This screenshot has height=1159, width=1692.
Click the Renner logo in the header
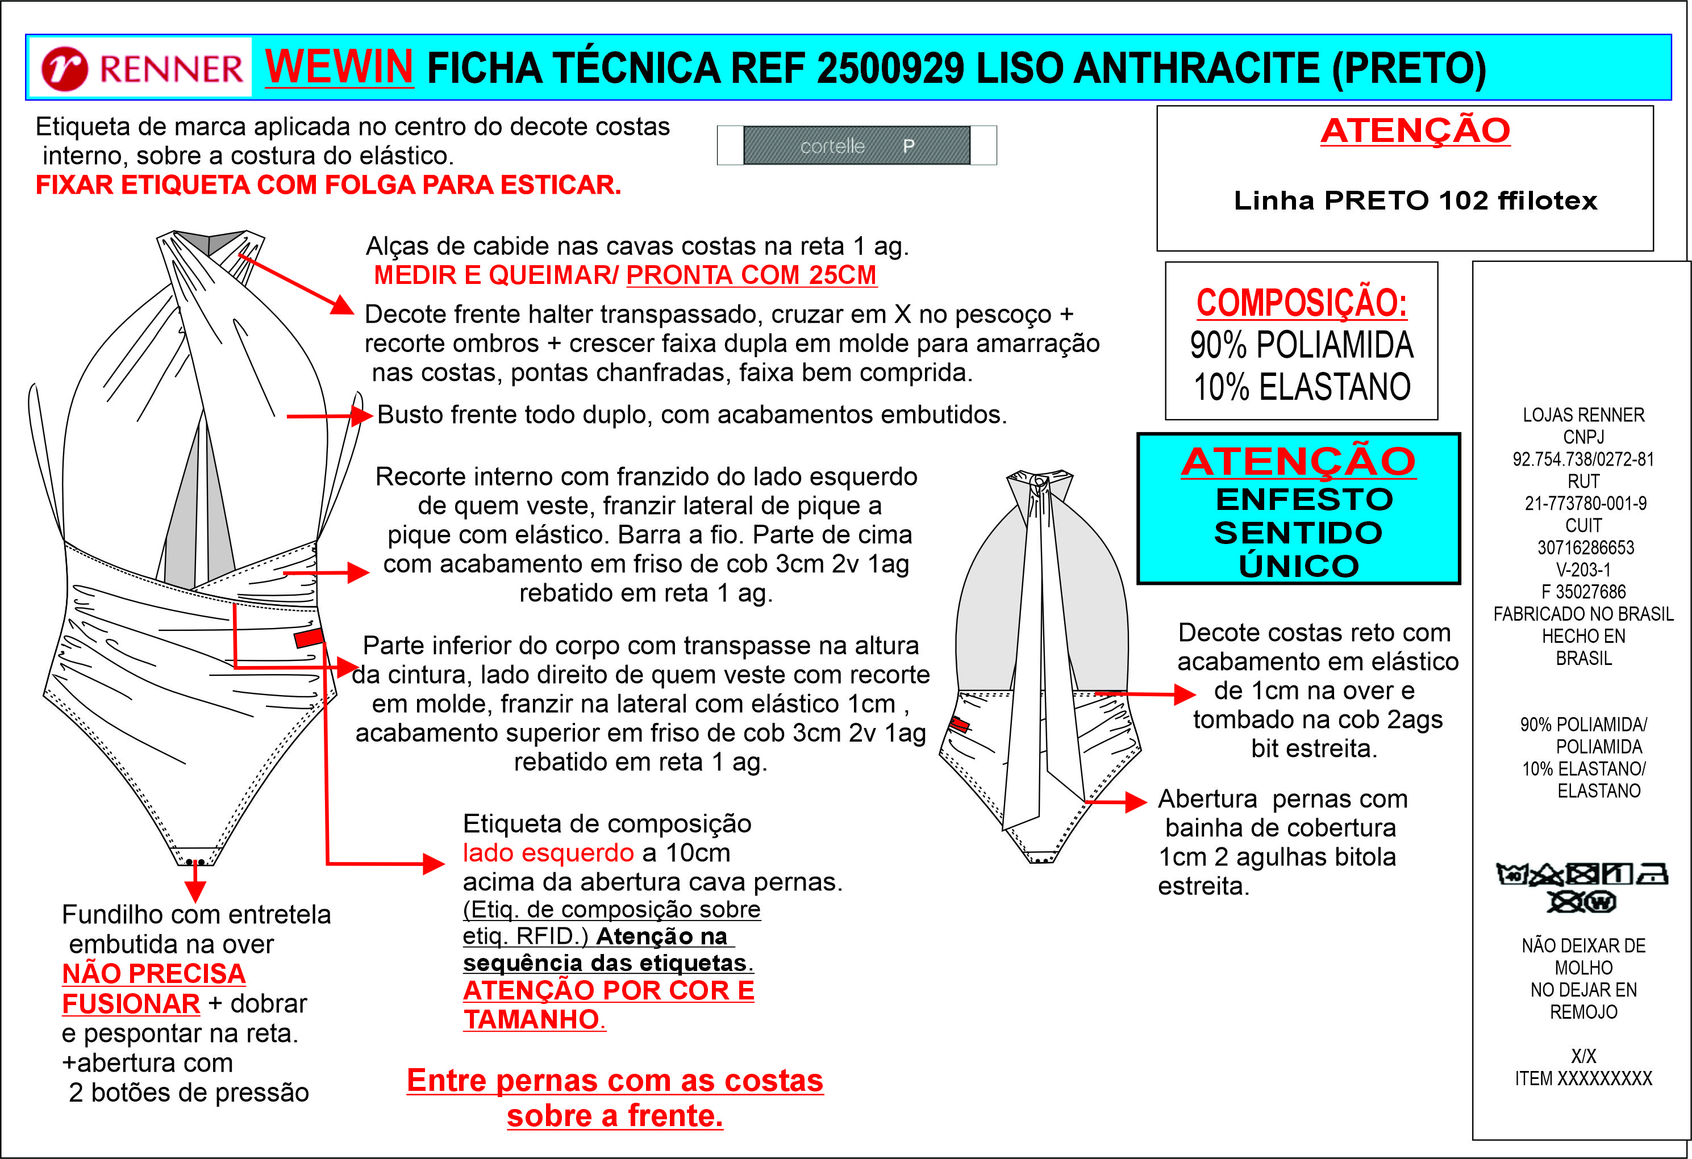click(x=142, y=68)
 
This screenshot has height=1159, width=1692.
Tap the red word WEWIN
click(x=339, y=67)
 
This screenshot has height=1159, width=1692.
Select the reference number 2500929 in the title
click(x=891, y=68)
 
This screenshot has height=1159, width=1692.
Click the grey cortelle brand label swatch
click(x=856, y=145)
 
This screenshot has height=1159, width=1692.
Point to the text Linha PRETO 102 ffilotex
click(x=1415, y=200)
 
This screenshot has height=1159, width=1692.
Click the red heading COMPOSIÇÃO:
click(x=1301, y=302)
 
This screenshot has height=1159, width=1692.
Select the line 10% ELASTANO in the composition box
click(x=1301, y=386)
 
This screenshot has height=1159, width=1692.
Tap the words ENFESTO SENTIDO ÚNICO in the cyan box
click(x=1299, y=532)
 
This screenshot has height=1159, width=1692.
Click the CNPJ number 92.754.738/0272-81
click(x=1583, y=459)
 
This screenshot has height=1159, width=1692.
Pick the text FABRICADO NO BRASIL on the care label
click(x=1583, y=614)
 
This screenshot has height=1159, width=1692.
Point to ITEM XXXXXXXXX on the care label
click(x=1583, y=1078)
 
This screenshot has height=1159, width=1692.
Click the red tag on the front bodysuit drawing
click(x=309, y=638)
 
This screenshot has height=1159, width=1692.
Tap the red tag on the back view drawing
click(x=959, y=725)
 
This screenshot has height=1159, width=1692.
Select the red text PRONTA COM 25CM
click(x=751, y=275)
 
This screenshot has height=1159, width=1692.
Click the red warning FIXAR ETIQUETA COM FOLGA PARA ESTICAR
click(x=328, y=185)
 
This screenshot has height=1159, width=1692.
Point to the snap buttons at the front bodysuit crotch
click(x=194, y=862)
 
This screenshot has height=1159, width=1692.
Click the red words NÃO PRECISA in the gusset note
click(x=153, y=973)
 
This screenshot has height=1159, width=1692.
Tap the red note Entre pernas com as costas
click(x=615, y=1081)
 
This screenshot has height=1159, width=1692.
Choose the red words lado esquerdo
click(x=548, y=853)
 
